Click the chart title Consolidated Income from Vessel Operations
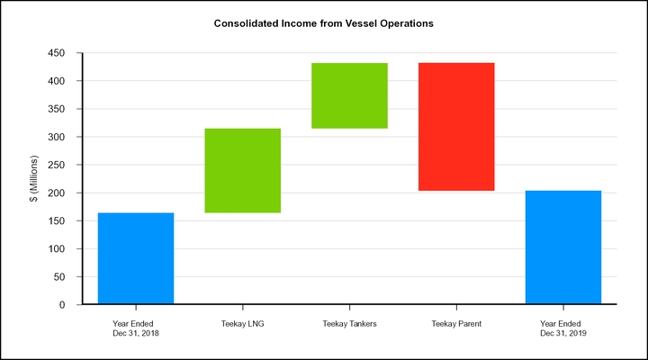pos(324,23)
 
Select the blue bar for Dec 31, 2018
pos(136,258)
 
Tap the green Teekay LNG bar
pos(243,171)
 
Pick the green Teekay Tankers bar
pos(349,95)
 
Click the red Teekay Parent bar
pos(456,127)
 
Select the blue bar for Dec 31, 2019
pos(563,247)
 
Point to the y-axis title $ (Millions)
pos(33,179)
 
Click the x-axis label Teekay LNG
pos(243,323)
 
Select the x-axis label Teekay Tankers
pos(349,323)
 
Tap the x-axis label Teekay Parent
pos(456,323)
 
